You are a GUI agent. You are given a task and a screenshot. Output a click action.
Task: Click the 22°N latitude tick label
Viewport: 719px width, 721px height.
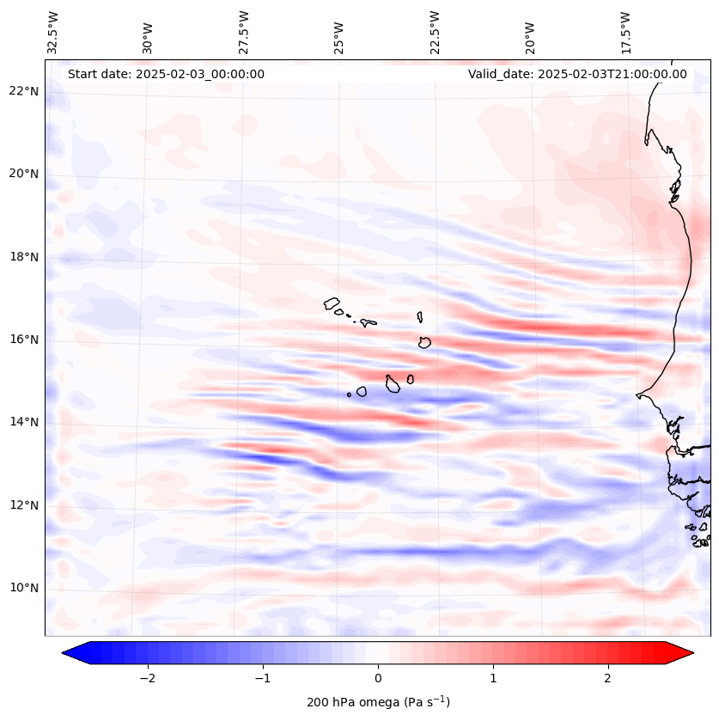pyautogui.click(x=24, y=91)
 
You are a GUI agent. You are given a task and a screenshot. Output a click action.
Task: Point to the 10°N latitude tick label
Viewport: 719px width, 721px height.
pyautogui.click(x=24, y=588)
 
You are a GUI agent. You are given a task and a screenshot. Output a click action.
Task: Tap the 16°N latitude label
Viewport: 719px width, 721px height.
pyautogui.click(x=24, y=339)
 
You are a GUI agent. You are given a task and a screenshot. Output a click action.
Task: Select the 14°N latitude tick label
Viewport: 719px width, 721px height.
pyautogui.click(x=24, y=422)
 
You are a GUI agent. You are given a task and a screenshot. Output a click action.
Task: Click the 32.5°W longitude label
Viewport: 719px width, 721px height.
pyautogui.click(x=53, y=33)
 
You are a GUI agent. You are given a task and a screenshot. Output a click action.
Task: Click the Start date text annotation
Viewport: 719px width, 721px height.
pyautogui.click(x=166, y=74)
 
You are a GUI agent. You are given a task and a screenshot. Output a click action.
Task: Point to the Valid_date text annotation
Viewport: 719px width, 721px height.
pyautogui.click(x=577, y=74)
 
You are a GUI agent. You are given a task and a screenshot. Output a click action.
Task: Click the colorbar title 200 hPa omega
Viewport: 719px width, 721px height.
pyautogui.click(x=378, y=702)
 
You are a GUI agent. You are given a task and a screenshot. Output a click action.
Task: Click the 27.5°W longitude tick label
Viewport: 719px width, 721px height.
pyautogui.click(x=244, y=33)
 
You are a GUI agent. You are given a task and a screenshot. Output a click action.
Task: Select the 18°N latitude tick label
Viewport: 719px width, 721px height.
pyautogui.click(x=24, y=257)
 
